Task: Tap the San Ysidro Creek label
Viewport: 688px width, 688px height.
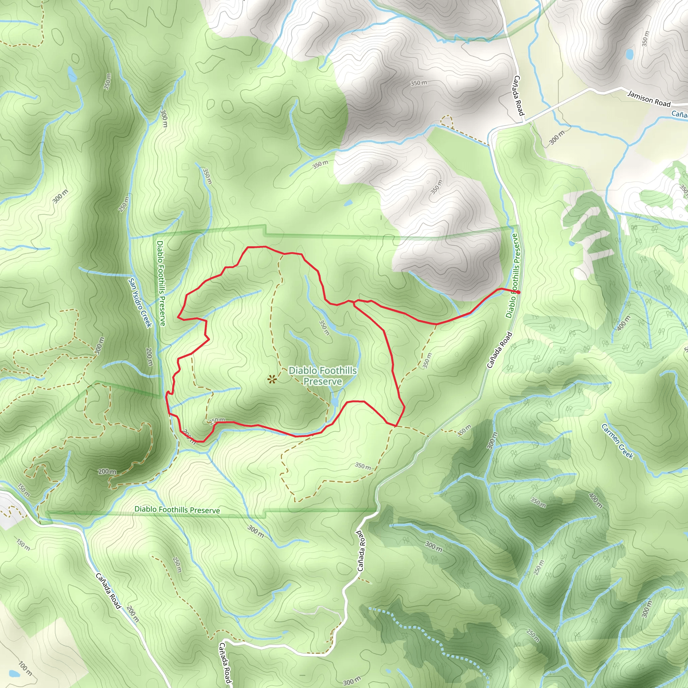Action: [x=140, y=303]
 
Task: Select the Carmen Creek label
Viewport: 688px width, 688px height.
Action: [x=617, y=441]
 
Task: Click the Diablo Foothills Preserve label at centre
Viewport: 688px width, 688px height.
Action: [x=322, y=376]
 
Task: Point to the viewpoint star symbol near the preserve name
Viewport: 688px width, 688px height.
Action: [x=272, y=380]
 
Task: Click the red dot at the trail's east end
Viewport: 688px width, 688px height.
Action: [x=518, y=292]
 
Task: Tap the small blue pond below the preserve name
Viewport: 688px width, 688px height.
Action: [x=334, y=402]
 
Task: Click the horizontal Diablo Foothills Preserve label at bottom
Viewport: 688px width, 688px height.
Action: [x=177, y=510]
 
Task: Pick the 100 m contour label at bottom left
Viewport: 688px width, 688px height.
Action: [x=25, y=669]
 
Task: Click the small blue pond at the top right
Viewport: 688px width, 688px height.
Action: [x=630, y=54]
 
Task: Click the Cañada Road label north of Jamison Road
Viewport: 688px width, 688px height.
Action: [x=519, y=95]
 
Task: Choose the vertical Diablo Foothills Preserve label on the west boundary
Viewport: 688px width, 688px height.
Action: [x=161, y=283]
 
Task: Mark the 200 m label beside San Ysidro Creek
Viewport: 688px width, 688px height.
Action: [x=149, y=357]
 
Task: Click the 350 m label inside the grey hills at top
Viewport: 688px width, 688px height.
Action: [x=419, y=83]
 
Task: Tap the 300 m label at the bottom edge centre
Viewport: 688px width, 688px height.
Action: [x=352, y=681]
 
